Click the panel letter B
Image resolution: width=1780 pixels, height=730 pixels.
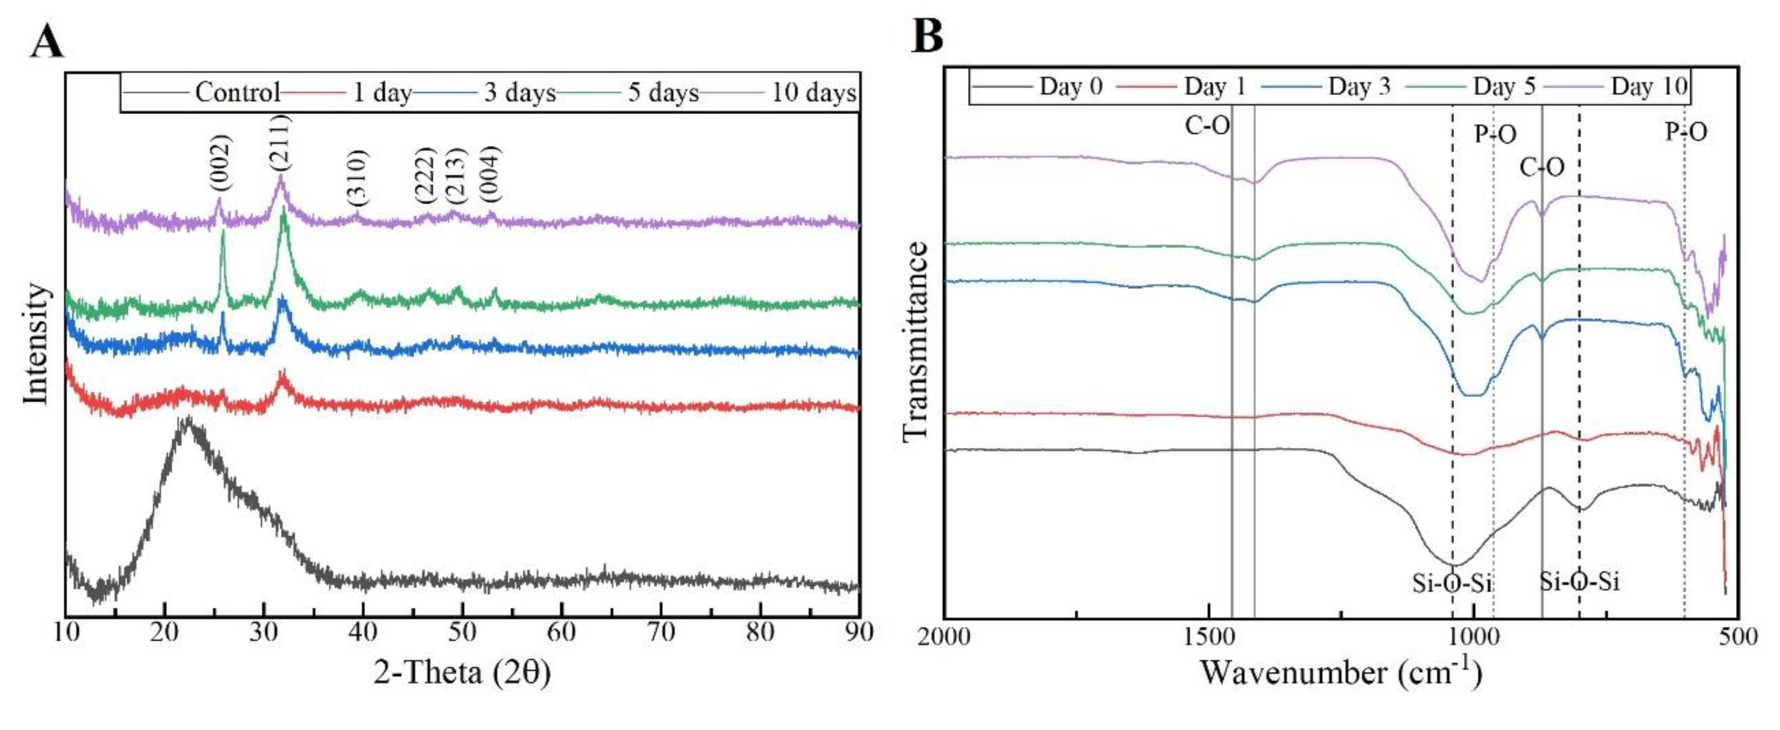[927, 36]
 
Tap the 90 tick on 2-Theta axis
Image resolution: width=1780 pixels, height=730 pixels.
[859, 632]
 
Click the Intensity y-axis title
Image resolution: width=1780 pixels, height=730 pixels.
[36, 343]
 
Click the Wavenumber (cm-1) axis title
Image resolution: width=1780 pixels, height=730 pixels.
[1340, 672]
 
